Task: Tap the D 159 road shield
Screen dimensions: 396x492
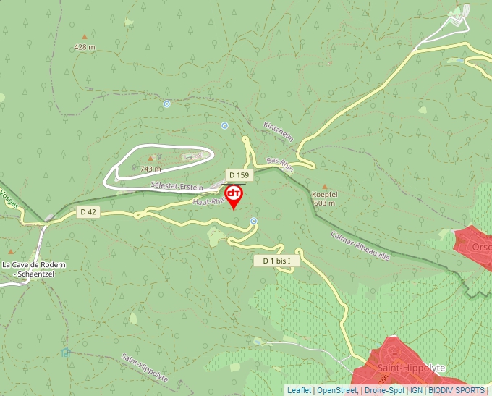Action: (238, 175)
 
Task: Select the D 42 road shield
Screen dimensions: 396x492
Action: (88, 211)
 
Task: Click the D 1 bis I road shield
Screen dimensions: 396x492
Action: (276, 261)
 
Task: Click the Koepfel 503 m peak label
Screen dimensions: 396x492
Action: (325, 199)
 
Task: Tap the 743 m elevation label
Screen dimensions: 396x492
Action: (150, 169)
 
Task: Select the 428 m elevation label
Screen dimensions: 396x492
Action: (85, 47)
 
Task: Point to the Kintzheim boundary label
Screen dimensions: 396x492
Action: (278, 133)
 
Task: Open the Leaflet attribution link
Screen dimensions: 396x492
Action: (298, 390)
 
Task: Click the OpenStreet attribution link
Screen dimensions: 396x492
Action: (337, 390)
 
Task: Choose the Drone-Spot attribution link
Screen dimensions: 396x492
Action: (385, 390)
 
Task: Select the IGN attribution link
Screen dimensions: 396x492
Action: (416, 390)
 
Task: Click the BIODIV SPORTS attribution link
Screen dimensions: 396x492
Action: (457, 390)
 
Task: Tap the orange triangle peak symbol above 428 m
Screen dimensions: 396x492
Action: (85, 36)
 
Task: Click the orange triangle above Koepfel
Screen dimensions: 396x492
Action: (324, 186)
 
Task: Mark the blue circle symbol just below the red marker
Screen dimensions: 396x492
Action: (253, 221)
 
